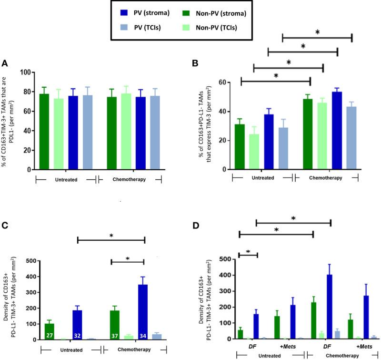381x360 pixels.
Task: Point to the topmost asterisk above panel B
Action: [317, 32]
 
